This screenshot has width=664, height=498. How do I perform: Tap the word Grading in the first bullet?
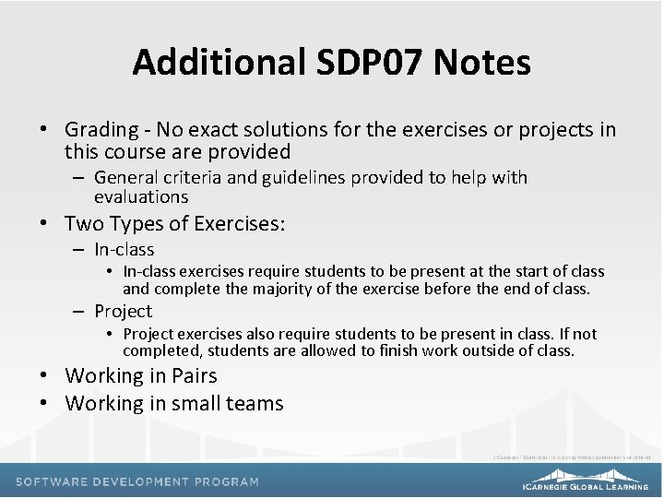pyautogui.click(x=101, y=130)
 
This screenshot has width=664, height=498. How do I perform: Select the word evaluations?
pyautogui.click(x=141, y=196)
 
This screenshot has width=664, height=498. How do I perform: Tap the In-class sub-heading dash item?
pyautogui.click(x=125, y=249)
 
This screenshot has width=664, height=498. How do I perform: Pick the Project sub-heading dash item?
pyautogui.click(x=123, y=311)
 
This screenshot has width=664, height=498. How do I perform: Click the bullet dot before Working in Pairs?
pyautogui.click(x=44, y=375)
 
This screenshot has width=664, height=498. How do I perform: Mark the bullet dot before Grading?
pyautogui.click(x=44, y=130)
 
